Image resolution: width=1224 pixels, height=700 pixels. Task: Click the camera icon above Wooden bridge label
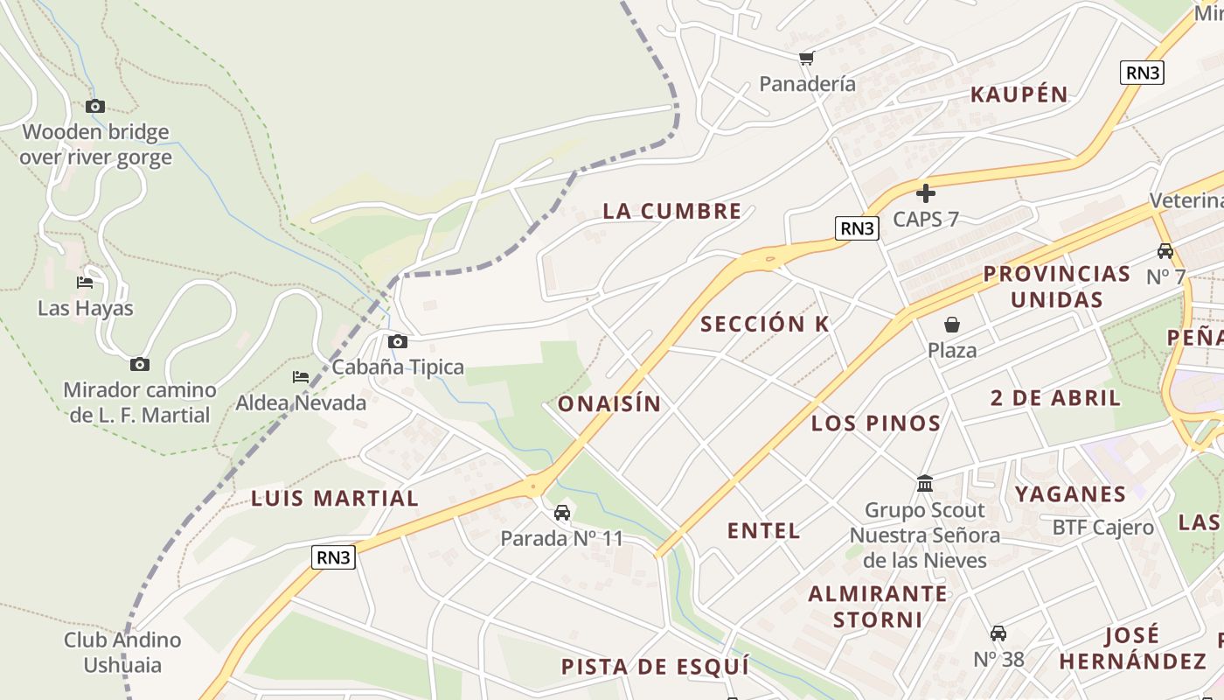[x=95, y=107]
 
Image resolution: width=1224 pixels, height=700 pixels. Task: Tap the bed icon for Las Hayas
[x=85, y=283]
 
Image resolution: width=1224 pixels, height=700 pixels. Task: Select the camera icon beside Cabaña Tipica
[x=398, y=341]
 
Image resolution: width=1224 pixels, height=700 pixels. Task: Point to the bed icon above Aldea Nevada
[x=301, y=377]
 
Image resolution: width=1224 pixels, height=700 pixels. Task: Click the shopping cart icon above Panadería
[x=806, y=59]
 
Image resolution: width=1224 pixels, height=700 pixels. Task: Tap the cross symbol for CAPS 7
[x=926, y=193]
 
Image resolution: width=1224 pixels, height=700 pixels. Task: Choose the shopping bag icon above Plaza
[x=952, y=325]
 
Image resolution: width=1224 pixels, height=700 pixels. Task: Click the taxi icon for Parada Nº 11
[x=562, y=513]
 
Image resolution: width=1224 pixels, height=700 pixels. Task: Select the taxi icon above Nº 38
[x=998, y=633]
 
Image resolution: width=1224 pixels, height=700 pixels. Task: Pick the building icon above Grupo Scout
[x=925, y=484]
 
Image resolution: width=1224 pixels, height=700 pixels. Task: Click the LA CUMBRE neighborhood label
[x=672, y=211]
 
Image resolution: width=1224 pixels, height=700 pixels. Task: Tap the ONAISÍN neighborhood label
[x=609, y=404]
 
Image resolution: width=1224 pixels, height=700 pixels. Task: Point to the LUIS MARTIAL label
[x=335, y=499]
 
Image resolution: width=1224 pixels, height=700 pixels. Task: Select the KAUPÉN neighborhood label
[x=1019, y=94]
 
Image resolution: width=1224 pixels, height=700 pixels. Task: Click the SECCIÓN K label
[x=765, y=324]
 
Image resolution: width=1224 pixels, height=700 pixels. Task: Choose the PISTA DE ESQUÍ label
[x=655, y=667]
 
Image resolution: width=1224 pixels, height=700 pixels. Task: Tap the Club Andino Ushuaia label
[x=122, y=653]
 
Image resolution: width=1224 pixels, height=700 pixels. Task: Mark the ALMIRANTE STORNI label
[x=878, y=606]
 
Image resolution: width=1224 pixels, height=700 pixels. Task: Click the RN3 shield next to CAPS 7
[x=856, y=228]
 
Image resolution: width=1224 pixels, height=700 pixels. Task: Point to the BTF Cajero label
[x=1102, y=528]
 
